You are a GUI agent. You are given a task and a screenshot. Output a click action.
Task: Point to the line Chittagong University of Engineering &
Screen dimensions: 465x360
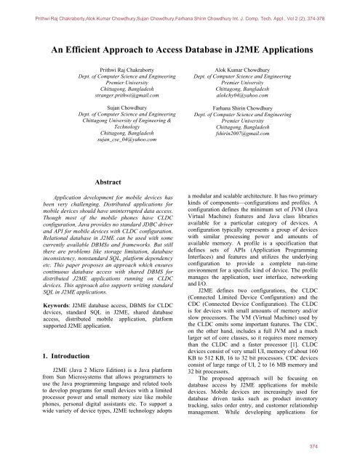[121, 126]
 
